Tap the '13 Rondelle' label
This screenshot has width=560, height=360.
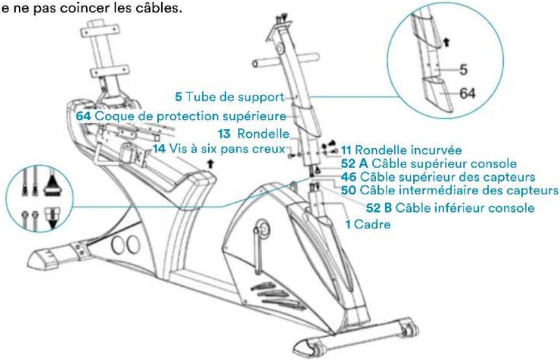click(254, 135)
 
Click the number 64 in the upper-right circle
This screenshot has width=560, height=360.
click(468, 94)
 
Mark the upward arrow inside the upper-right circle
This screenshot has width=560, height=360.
click(447, 41)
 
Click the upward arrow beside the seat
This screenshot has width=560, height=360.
click(212, 163)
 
